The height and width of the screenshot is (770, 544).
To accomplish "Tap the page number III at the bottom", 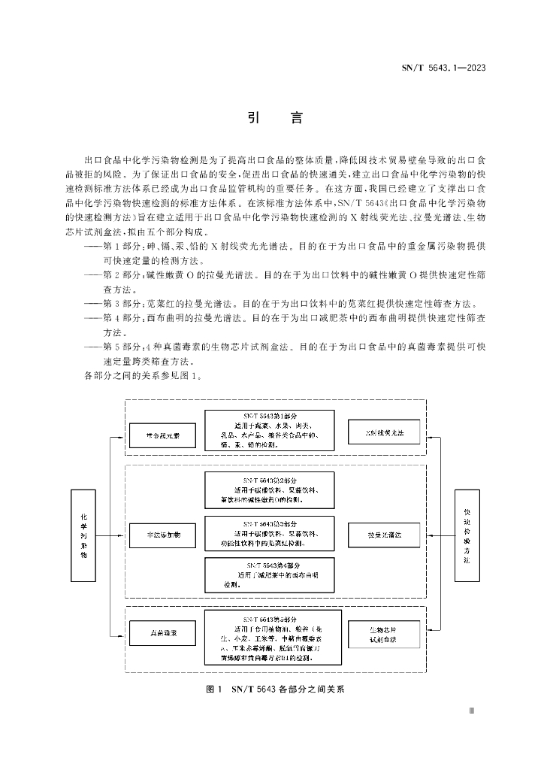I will (x=471, y=709).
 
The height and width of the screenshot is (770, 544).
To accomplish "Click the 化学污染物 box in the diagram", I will (x=84, y=535).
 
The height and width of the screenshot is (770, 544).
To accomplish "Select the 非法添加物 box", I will (x=162, y=535).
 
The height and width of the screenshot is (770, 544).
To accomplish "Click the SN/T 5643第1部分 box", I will (x=272, y=430).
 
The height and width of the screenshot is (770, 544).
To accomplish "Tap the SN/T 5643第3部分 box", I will (x=272, y=534).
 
